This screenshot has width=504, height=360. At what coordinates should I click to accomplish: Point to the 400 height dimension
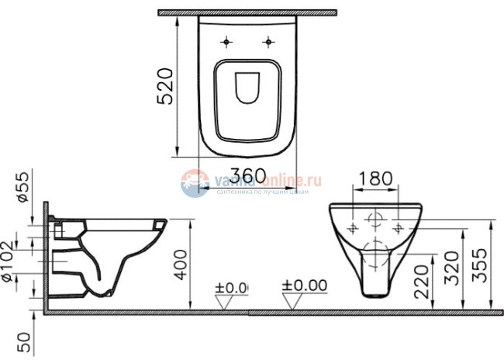pos(181,261)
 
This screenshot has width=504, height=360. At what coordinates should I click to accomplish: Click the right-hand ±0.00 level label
pos(305,286)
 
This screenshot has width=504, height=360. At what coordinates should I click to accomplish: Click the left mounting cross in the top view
pos(226,41)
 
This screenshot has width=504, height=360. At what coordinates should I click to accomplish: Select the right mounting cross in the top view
pos(269,41)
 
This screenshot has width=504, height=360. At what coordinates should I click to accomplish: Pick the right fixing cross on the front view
pos(399,227)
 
